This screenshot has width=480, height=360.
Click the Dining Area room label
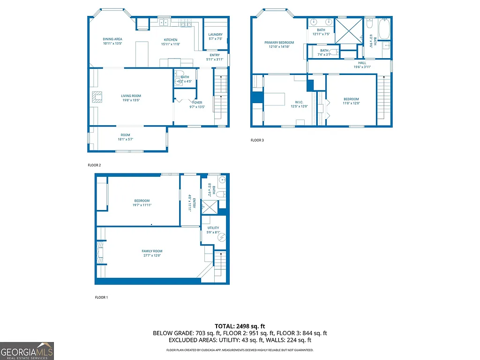(112, 39)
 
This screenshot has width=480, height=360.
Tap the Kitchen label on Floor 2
(170, 39)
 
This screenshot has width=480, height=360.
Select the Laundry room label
(215, 34)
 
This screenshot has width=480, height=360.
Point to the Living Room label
(131, 96)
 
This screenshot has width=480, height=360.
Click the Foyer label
(197, 102)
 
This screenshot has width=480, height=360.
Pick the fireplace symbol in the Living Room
(97, 97)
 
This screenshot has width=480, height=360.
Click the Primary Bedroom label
(279, 43)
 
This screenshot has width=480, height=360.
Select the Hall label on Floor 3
(362, 62)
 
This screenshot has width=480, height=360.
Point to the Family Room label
(152, 251)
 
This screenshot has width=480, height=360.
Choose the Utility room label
(213, 228)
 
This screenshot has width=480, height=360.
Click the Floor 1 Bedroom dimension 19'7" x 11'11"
(142, 205)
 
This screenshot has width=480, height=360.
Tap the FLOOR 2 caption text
(94, 165)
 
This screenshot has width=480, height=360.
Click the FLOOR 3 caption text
(257, 140)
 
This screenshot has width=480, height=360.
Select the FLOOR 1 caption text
(101, 297)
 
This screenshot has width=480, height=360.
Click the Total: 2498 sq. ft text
(240, 326)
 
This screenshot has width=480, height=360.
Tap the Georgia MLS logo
(27, 351)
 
